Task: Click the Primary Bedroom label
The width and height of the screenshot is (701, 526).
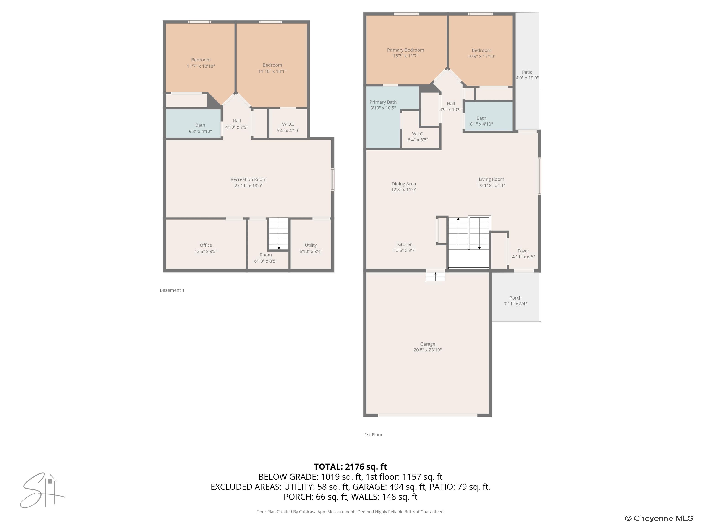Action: (x=405, y=50)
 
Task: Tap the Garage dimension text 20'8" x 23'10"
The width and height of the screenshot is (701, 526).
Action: (x=427, y=350)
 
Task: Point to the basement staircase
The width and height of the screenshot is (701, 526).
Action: (x=279, y=234)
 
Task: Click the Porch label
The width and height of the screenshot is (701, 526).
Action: (x=515, y=298)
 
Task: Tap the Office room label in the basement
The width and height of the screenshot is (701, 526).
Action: (x=206, y=245)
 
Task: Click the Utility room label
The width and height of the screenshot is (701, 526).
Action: (x=311, y=245)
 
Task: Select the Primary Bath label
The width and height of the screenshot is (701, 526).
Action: (x=383, y=102)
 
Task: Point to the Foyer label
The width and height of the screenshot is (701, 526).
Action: (x=523, y=251)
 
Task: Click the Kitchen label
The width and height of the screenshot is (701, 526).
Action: (x=405, y=245)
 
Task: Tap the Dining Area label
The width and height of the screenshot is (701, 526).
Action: (x=403, y=184)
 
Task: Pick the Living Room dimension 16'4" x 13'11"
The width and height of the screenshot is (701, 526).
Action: (x=491, y=185)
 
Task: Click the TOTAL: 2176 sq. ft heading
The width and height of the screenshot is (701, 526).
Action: (x=350, y=467)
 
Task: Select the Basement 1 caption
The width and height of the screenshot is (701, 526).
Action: (x=172, y=290)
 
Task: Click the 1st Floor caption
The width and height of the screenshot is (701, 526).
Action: (x=373, y=435)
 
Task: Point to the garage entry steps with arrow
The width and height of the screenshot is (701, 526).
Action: (x=435, y=276)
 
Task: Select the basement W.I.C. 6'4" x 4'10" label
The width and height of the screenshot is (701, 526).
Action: (x=288, y=127)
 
